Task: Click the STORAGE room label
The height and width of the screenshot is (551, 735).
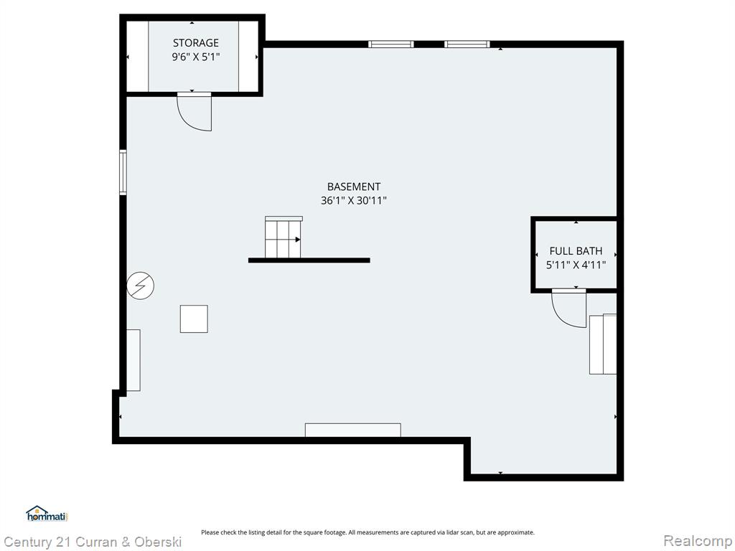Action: [x=195, y=42]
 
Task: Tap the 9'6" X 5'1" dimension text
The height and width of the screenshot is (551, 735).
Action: [x=195, y=57]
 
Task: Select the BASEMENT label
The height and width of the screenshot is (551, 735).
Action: [x=353, y=187]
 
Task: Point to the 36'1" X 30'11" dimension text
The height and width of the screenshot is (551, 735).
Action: [x=353, y=201]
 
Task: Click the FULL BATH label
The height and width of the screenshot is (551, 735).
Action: [x=576, y=250]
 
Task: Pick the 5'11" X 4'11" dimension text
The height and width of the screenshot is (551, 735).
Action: [x=576, y=265]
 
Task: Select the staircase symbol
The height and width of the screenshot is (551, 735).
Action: [x=283, y=237]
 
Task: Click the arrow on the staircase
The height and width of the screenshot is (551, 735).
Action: [x=298, y=240]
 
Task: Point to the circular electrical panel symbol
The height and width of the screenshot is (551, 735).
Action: [x=140, y=286]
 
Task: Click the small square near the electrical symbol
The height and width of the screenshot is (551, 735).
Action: [x=194, y=319]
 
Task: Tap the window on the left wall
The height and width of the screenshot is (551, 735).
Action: [x=123, y=172]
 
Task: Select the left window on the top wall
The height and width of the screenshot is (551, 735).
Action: [x=391, y=44]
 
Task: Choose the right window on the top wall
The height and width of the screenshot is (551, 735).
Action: [x=467, y=44]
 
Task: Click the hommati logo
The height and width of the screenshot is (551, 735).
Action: [x=47, y=514]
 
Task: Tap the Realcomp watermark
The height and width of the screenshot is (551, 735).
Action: [x=698, y=541]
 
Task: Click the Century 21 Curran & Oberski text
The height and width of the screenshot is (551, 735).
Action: [x=93, y=542]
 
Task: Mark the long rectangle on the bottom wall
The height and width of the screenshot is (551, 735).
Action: [x=353, y=430]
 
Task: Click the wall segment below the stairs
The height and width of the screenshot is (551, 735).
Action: [x=309, y=260]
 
